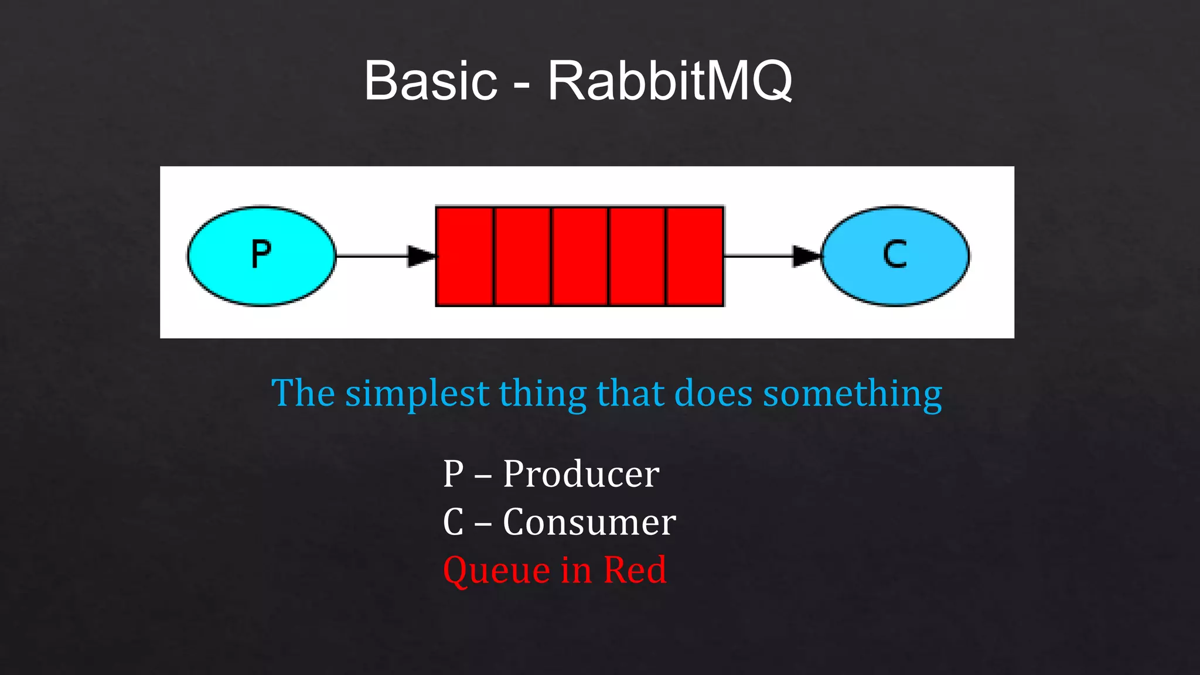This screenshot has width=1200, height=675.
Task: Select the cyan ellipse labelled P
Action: click(261, 255)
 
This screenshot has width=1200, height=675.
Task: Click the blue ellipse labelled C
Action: click(895, 255)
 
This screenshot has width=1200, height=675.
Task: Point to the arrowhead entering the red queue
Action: click(422, 256)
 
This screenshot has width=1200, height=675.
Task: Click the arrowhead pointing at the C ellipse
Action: click(807, 256)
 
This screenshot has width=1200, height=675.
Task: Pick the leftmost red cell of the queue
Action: click(465, 256)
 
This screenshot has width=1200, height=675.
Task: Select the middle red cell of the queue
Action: click(579, 256)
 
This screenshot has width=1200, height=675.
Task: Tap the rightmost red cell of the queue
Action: click(695, 256)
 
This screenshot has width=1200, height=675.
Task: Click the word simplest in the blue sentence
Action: click(417, 394)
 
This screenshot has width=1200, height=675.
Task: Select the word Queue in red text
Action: click(496, 571)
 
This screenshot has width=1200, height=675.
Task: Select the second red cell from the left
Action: click(523, 256)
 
